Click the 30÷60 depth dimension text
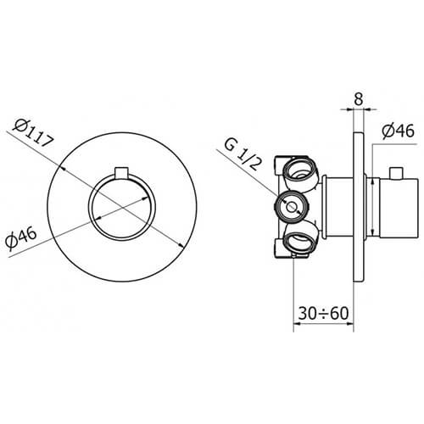tap(324, 313)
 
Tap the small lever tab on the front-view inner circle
tap(123, 174)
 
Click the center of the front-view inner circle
tap(123, 206)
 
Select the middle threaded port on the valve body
tap(291, 206)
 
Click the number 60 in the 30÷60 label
tap(339, 313)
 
